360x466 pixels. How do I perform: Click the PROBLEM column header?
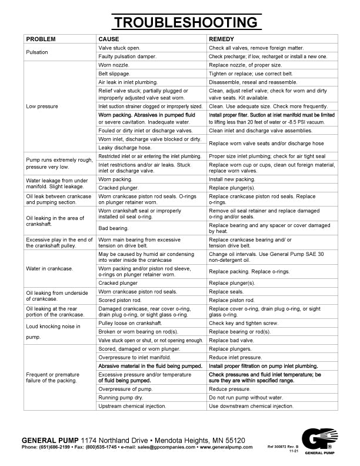tap(41, 39)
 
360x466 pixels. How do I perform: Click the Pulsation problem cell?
tap(37, 52)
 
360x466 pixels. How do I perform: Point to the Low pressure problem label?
tap(42, 106)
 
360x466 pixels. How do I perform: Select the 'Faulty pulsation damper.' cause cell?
tap(127, 56)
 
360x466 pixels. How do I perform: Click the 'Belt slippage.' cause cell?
tap(115, 74)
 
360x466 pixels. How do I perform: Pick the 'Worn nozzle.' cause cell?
tap(113, 65)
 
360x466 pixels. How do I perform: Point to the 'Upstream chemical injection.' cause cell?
tap(133, 406)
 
